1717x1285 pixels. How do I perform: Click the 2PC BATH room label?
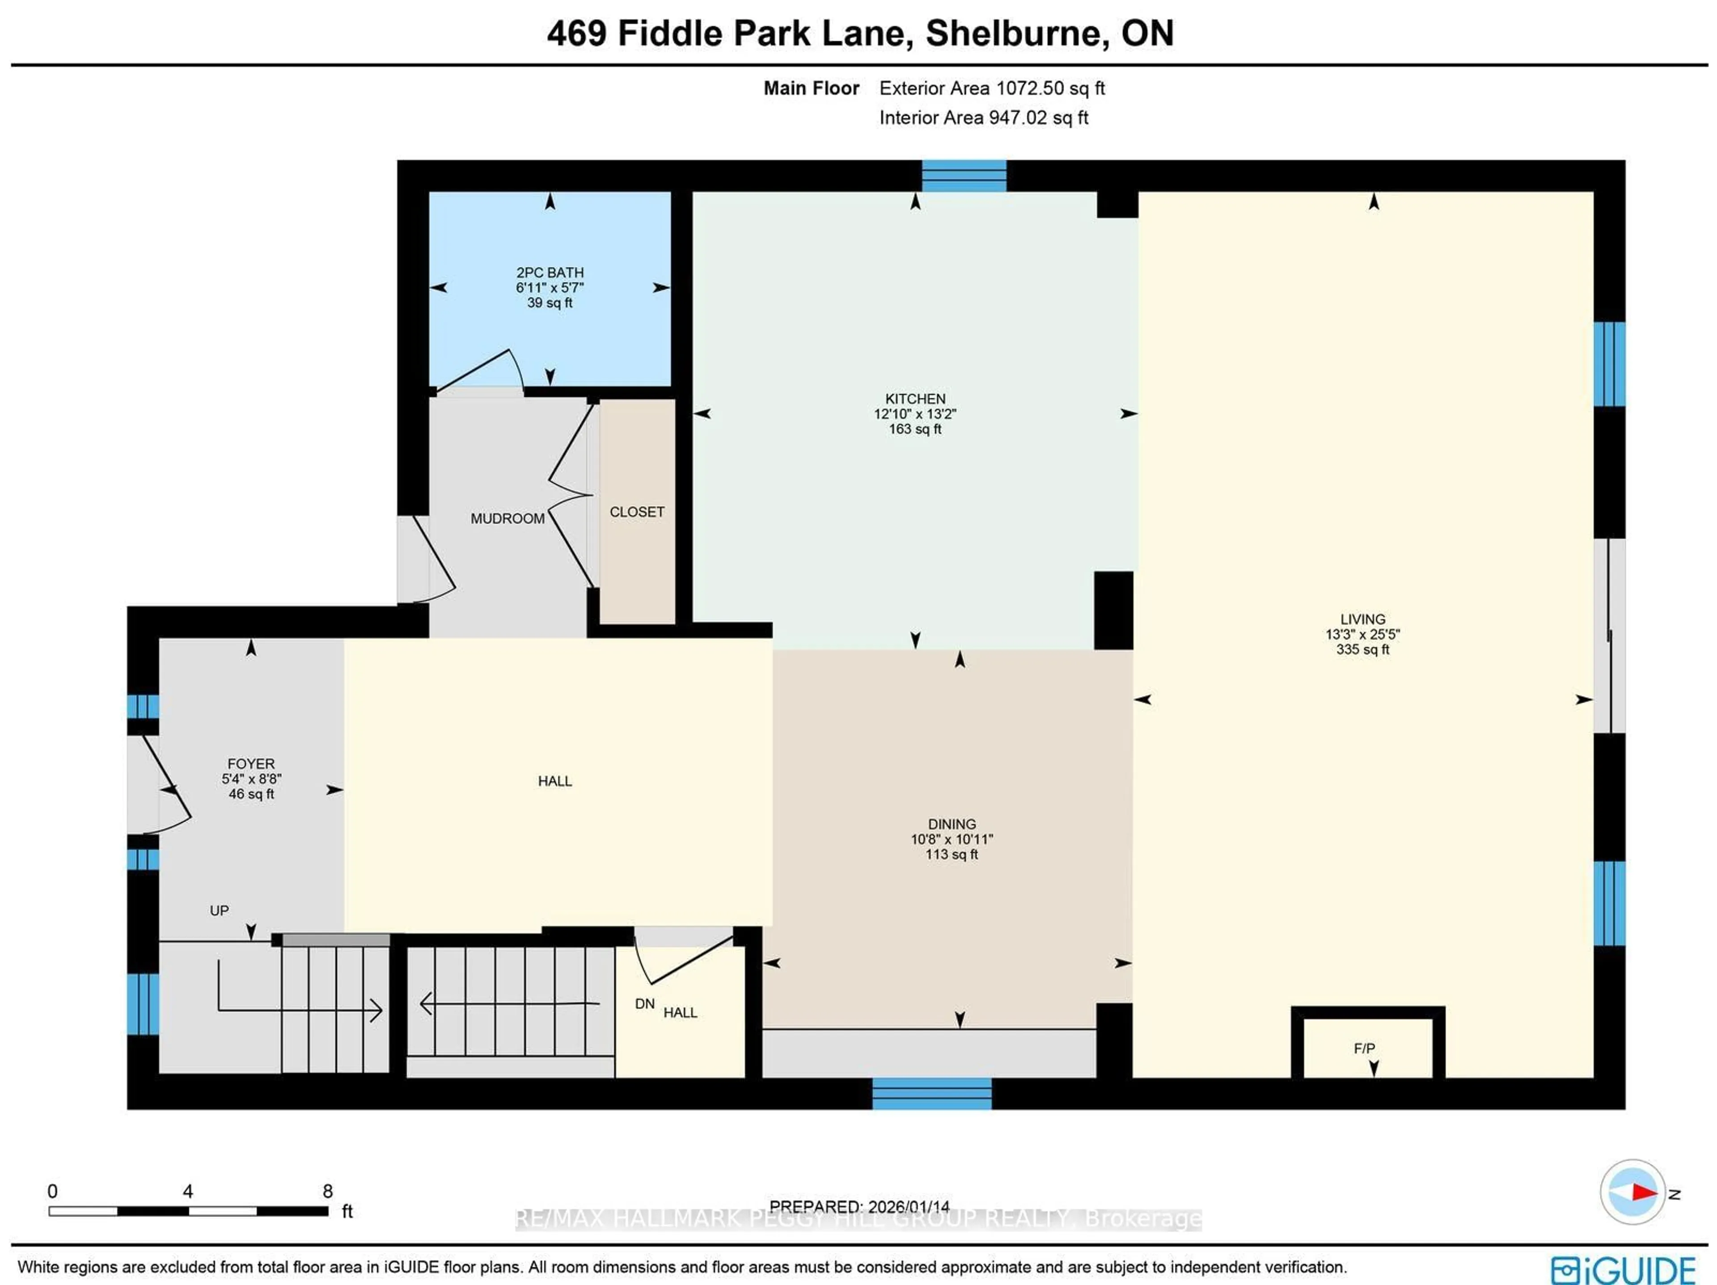pos(550,272)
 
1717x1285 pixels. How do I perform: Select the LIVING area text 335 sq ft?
pos(1362,649)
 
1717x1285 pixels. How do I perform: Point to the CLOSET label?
pos(637,512)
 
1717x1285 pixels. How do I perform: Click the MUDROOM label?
pos(507,518)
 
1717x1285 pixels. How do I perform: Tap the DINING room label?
pos(952,824)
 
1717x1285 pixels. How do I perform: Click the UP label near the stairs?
pos(219,910)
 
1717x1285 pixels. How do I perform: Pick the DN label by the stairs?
pos(644,1003)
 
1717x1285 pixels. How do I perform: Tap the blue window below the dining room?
pos(931,1093)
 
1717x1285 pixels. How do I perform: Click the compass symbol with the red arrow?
pos(1632,1192)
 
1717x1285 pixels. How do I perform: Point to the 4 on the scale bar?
pos(187,1191)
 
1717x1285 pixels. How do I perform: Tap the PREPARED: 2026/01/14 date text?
pos(859,1207)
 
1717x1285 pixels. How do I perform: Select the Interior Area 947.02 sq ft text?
pos(983,118)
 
